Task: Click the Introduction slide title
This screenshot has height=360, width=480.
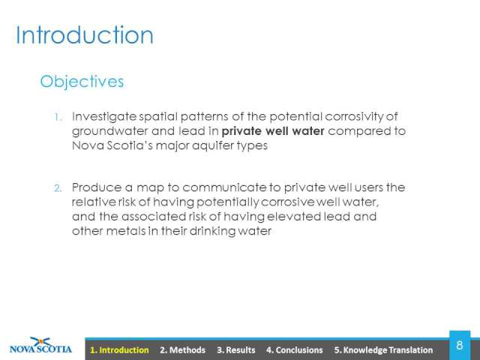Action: (85, 35)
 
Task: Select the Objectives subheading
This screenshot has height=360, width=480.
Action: (82, 82)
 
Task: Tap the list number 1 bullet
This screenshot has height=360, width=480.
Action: (58, 117)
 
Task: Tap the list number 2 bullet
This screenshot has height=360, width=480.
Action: (58, 188)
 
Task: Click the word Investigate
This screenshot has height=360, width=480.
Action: (104, 117)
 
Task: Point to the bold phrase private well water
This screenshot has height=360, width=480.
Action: (273, 131)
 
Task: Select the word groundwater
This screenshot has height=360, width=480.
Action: (110, 132)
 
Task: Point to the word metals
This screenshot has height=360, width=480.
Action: (126, 231)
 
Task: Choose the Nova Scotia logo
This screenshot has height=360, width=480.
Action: (40, 346)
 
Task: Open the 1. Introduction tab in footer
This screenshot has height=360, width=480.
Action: (119, 350)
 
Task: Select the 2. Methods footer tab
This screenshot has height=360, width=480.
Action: (182, 350)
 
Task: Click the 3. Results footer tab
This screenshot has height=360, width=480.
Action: (236, 350)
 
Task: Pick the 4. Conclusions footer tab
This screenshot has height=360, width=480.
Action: (295, 350)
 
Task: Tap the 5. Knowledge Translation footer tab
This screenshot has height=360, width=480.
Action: (383, 350)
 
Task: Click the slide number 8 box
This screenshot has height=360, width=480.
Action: (460, 345)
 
